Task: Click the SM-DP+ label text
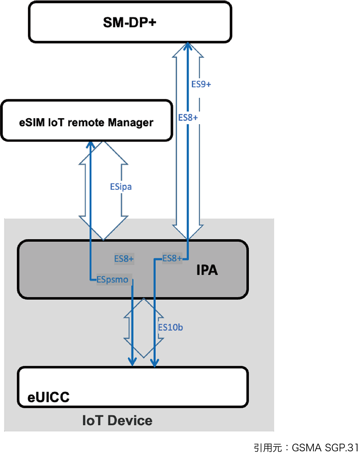tap(130, 22)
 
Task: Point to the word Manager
tap(131, 123)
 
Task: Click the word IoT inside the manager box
tap(57, 122)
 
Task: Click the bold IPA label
tap(207, 270)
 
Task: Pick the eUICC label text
tap(48, 397)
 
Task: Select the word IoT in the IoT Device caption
tap(93, 420)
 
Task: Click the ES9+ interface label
tap(201, 84)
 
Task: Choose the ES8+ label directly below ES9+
tap(188, 118)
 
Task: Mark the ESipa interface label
tap(121, 187)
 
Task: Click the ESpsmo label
tap(112, 280)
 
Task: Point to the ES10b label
tap(170, 327)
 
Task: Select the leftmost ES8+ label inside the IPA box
tap(124, 259)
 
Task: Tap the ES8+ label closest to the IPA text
tap(172, 259)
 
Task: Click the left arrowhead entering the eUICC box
tap(133, 362)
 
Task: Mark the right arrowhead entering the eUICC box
tap(155, 363)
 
